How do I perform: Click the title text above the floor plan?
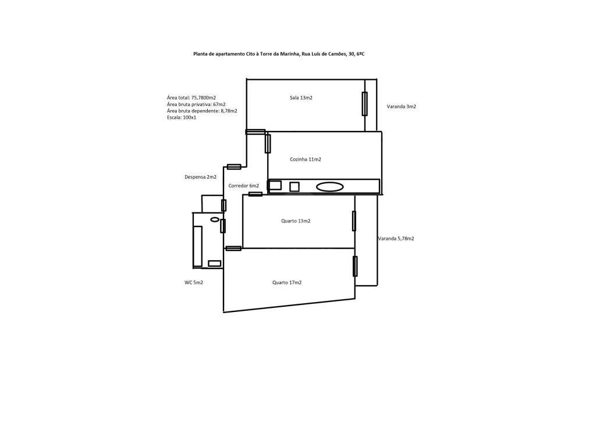click(279, 54)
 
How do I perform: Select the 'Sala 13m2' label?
click(301, 98)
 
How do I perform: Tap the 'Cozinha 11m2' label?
click(305, 159)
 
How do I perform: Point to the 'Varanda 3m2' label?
click(401, 107)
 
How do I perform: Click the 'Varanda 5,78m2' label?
click(396, 239)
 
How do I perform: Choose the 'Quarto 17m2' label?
click(286, 282)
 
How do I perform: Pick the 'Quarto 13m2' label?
click(296, 221)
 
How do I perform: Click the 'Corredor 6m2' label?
click(243, 186)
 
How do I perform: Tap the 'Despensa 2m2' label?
click(200, 176)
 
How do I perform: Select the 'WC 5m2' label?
click(194, 282)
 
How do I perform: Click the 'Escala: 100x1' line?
click(181, 117)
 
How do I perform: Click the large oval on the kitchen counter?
click(329, 187)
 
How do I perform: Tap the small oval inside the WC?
click(214, 219)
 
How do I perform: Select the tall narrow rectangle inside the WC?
click(198, 246)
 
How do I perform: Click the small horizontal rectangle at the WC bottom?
click(214, 264)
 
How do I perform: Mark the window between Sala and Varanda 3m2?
click(364, 104)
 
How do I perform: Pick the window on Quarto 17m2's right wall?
click(354, 266)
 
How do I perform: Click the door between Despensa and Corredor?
click(223, 205)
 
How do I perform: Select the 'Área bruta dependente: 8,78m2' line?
click(201, 111)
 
